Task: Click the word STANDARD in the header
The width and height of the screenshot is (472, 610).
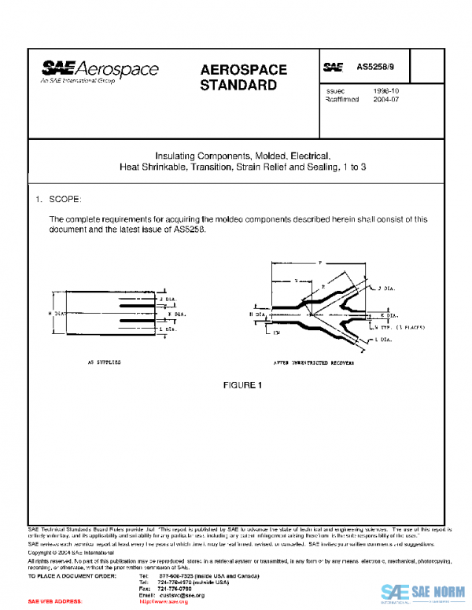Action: (238, 85)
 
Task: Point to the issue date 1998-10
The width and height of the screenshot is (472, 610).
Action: (385, 91)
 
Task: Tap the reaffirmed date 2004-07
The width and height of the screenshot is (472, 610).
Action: (385, 100)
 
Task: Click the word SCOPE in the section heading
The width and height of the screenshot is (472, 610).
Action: (65, 200)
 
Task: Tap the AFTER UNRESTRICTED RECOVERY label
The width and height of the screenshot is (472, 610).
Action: (313, 365)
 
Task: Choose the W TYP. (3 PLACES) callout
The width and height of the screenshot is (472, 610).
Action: (401, 325)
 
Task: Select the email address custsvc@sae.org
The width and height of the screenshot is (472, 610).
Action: (183, 595)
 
